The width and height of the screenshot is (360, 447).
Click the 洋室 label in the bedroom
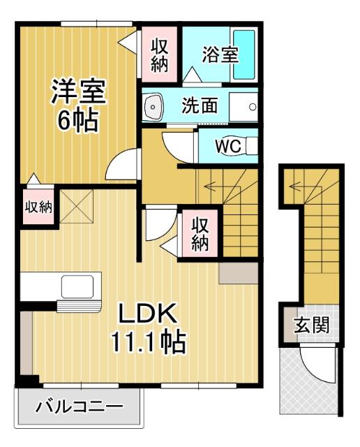[x=77, y=93]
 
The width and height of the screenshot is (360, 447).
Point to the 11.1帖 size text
[x=147, y=342]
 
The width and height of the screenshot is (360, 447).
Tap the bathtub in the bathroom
[x=243, y=54]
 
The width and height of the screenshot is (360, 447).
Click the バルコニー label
[x=79, y=406]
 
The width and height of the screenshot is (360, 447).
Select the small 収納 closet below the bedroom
[x=38, y=207]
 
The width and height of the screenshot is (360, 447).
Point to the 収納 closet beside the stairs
[x=200, y=235]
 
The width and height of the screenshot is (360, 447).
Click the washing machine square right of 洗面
[x=244, y=107]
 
